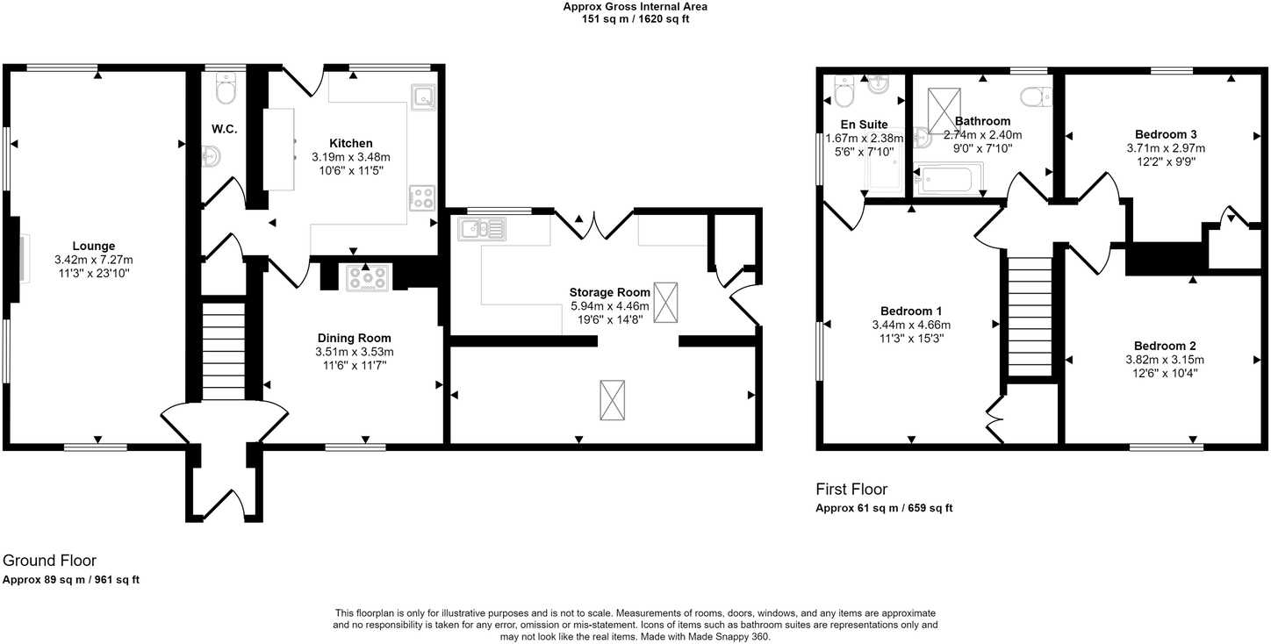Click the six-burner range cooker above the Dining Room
[x=369, y=277]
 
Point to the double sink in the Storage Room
[x=481, y=229]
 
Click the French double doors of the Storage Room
[x=594, y=225]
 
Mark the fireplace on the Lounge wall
[x=19, y=258]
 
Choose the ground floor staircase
[x=224, y=351]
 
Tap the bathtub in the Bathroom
[x=944, y=181]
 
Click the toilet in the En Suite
[x=844, y=89]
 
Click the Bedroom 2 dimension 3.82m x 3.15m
[x=1164, y=360]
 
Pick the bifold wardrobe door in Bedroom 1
[x=995, y=417]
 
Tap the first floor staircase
[x=1029, y=316]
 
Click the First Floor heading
[x=851, y=490]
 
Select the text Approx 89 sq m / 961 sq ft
[x=71, y=579]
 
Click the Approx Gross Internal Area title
[x=635, y=7]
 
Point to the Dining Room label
[x=354, y=338]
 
